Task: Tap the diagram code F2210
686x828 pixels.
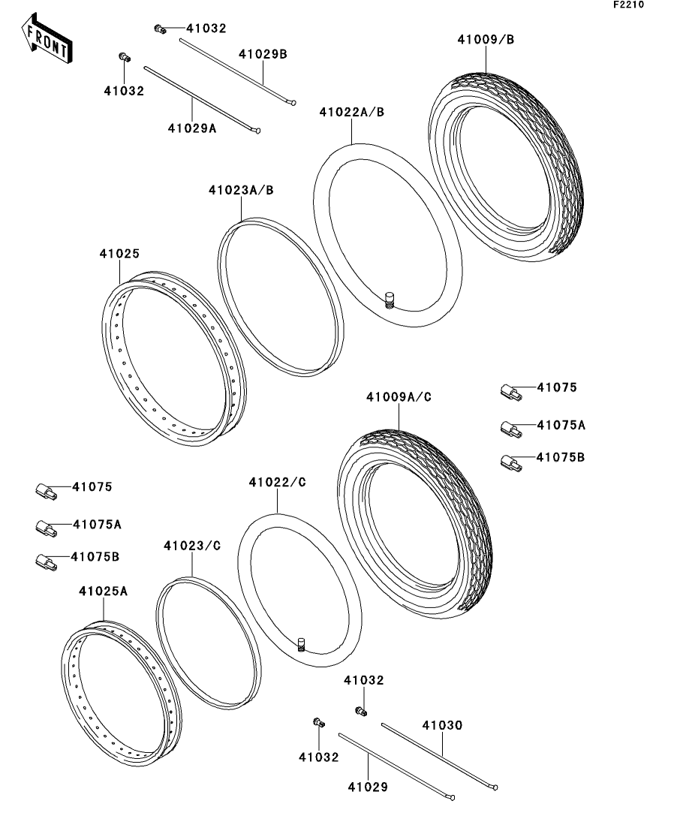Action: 627,5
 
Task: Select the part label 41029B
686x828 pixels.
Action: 263,55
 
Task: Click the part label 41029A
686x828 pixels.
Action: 192,128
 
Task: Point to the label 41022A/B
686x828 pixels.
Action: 351,113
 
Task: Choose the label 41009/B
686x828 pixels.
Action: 486,40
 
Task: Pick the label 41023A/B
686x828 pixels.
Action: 241,191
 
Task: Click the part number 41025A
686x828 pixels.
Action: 104,592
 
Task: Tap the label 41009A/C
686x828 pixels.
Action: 399,396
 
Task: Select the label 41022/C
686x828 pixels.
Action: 278,483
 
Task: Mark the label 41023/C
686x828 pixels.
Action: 192,546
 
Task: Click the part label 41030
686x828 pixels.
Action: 442,726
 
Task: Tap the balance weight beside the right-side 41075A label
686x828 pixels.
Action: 511,428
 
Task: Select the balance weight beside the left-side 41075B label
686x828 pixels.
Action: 46,560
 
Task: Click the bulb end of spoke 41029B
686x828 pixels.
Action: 293,104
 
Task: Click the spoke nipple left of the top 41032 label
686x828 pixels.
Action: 158,29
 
